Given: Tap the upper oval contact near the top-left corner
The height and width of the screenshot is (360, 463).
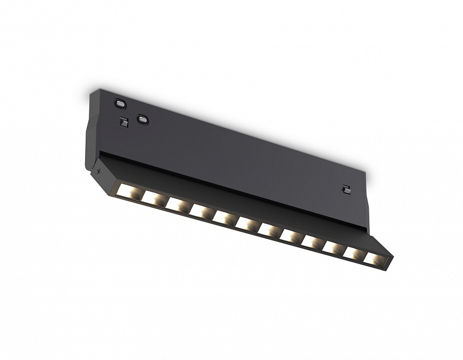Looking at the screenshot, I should click(x=119, y=102).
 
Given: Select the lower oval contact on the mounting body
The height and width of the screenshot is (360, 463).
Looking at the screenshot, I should click(x=142, y=120).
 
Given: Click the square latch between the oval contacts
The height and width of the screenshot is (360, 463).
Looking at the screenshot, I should click(x=124, y=122).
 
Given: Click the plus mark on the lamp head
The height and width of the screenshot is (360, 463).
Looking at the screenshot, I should click(x=99, y=172).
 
